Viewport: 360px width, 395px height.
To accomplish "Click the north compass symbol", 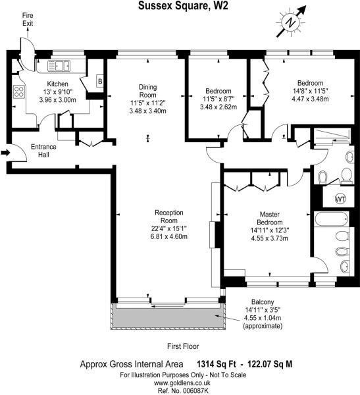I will click(x=290, y=22).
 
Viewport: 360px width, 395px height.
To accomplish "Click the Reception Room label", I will click(x=168, y=212).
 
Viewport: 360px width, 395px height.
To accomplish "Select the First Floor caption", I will click(x=180, y=346).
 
